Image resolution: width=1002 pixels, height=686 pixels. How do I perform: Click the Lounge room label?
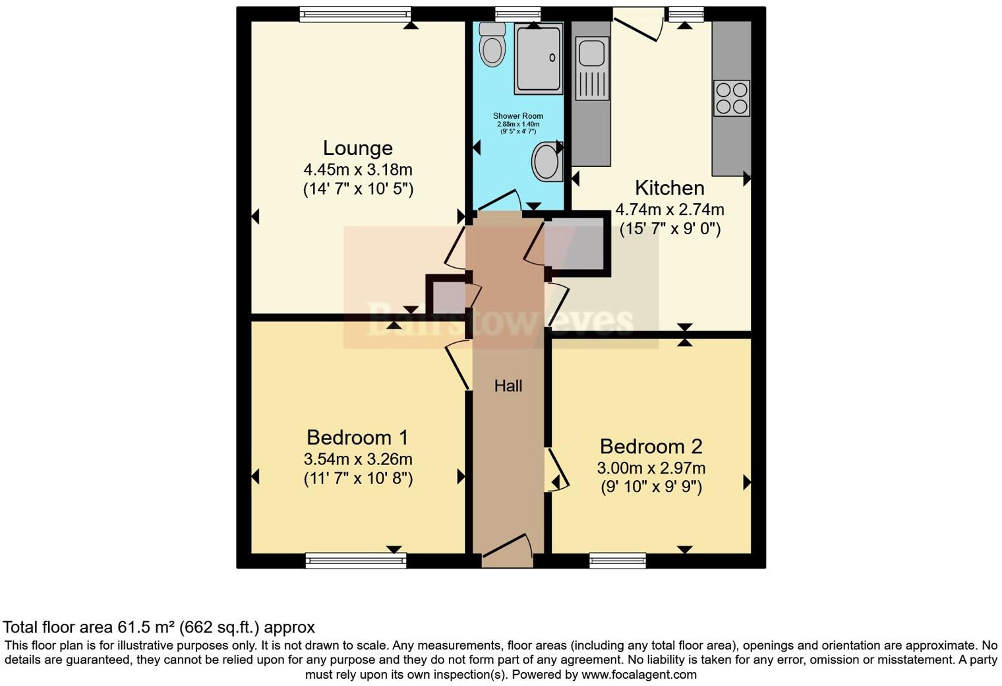click(x=357, y=148)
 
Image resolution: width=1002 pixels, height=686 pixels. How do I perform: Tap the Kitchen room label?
click(x=669, y=188)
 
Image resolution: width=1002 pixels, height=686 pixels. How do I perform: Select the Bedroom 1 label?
click(x=357, y=437)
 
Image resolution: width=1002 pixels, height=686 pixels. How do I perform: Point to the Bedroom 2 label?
click(x=651, y=447)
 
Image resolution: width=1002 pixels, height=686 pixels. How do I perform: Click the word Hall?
click(x=508, y=386)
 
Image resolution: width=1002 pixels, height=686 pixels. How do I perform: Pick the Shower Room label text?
click(x=518, y=116)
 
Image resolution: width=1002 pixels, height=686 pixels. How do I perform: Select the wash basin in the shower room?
click(x=546, y=162)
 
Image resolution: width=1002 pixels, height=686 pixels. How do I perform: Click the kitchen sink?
click(x=591, y=53)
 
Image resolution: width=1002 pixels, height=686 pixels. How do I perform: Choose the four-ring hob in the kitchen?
click(x=732, y=98)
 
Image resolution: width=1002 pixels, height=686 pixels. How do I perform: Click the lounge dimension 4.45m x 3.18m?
click(x=357, y=170)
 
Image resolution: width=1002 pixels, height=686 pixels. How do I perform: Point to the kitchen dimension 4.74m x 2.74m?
click(x=669, y=210)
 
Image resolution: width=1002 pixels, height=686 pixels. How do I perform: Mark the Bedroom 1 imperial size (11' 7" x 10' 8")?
click(x=358, y=479)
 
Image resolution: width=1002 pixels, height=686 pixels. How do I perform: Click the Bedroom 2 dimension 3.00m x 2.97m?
click(x=651, y=468)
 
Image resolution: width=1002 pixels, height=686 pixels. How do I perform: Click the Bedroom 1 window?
click(x=356, y=561)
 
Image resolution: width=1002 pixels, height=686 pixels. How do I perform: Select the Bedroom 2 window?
click(x=618, y=561)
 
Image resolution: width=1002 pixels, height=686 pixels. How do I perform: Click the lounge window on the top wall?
click(x=355, y=14)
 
